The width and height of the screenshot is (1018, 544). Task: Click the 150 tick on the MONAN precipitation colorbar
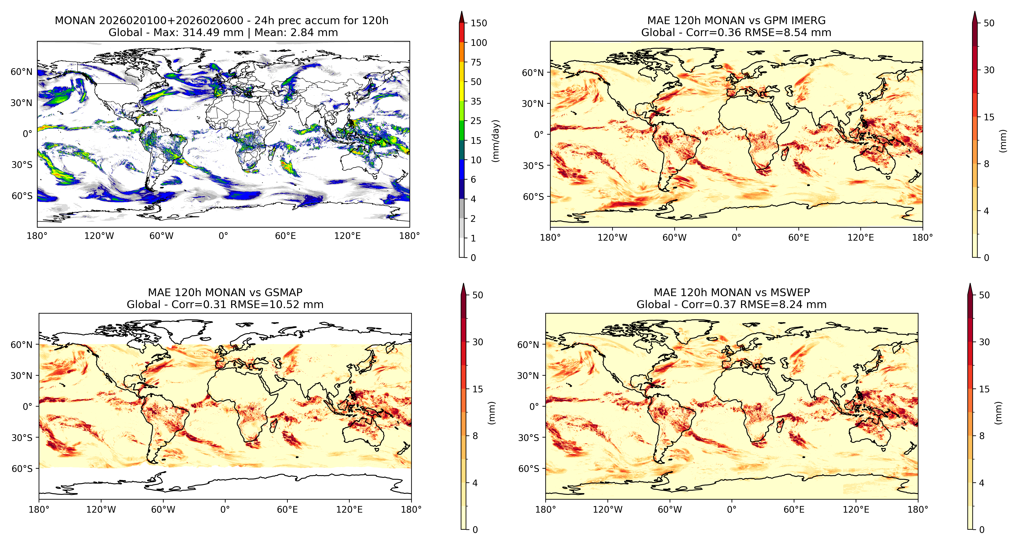[x=479, y=23]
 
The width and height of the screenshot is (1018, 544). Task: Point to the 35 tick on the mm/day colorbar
[x=476, y=102]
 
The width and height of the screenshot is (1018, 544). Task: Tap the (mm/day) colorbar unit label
[x=496, y=141]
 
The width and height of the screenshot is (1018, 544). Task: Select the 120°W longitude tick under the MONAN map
[x=99, y=236]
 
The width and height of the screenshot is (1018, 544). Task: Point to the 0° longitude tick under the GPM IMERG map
[x=736, y=238]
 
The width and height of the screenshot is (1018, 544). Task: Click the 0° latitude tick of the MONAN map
[x=27, y=134]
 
